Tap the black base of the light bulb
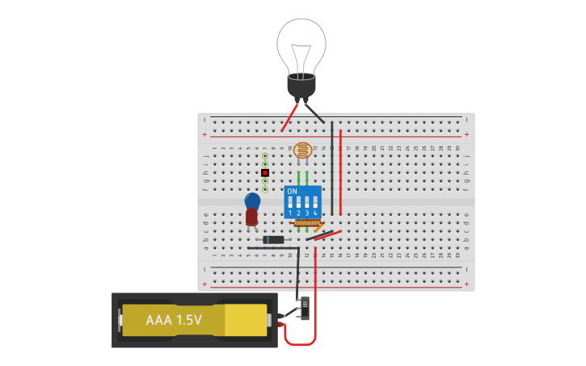coord(301,86)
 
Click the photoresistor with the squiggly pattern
coord(302,149)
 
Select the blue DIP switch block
coord(303,202)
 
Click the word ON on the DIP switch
coord(292,191)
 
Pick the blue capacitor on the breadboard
coord(252,200)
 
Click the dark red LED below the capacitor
coord(251,217)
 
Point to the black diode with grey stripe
coord(273,239)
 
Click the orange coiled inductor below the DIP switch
coord(307,223)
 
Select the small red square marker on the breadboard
coord(264,172)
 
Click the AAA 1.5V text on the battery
coord(173,320)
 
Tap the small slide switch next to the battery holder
coord(304,308)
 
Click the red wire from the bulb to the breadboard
coord(288,117)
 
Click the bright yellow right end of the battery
coord(246,320)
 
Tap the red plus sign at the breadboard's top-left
coord(204,134)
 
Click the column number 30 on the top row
coord(457,148)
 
